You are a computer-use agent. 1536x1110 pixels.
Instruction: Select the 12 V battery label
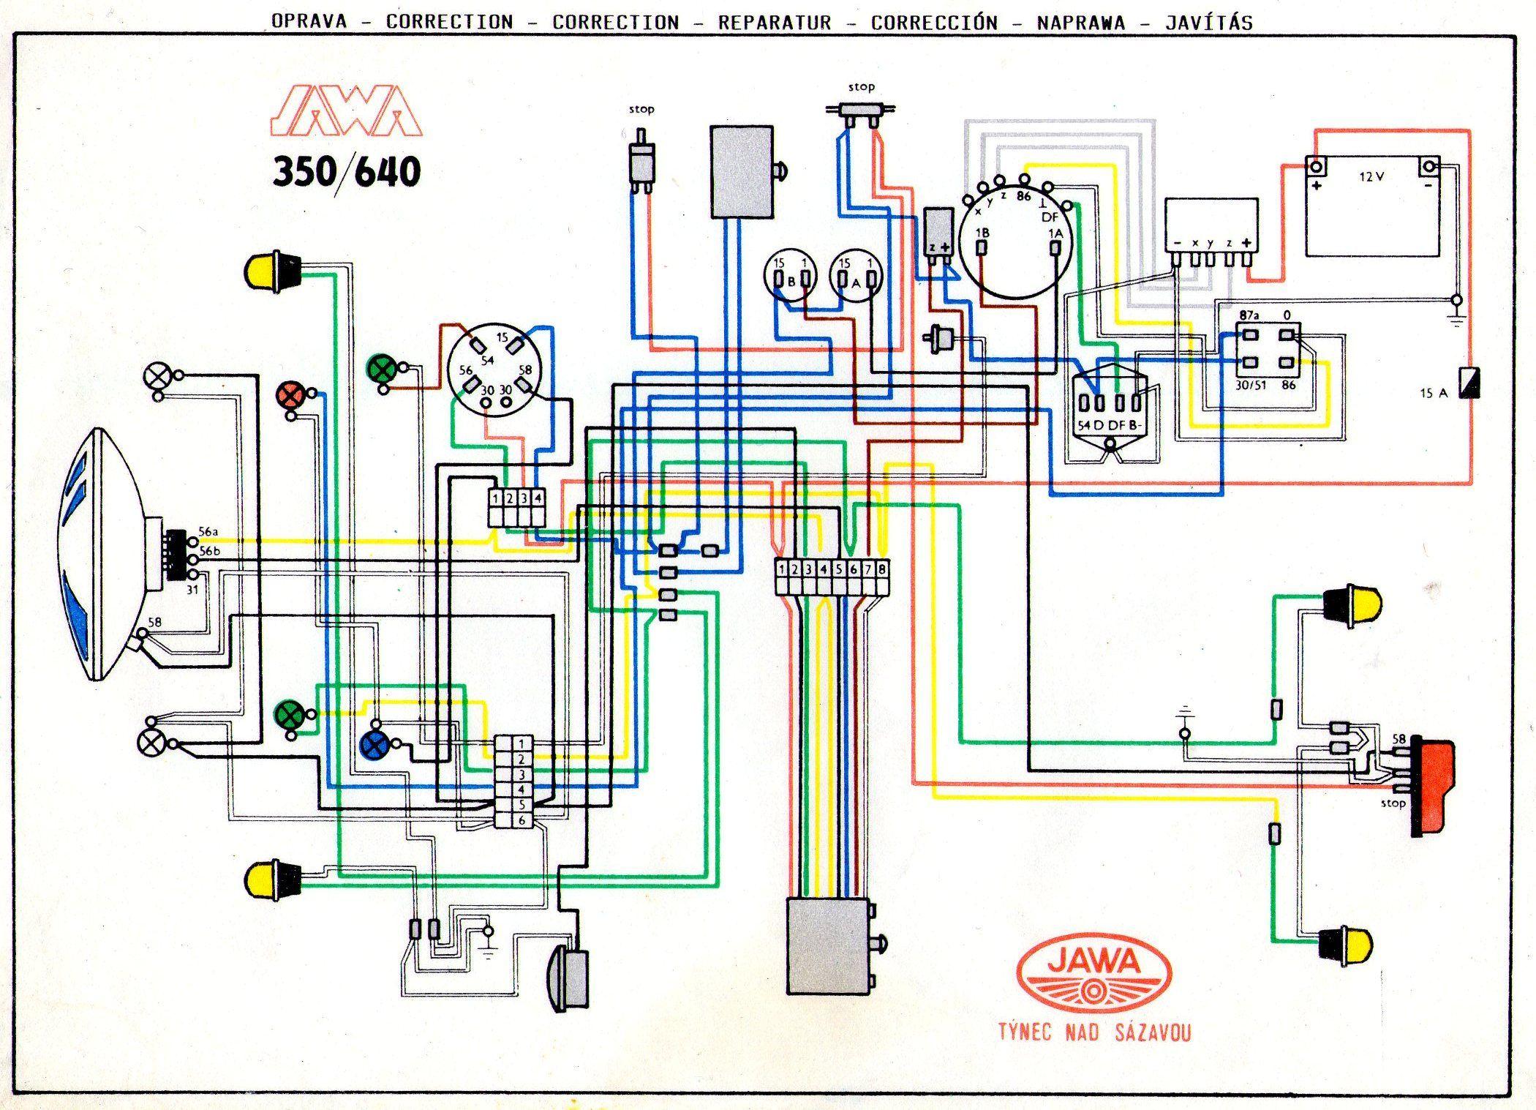coord(1371,176)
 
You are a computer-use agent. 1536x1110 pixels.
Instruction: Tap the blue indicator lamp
coord(374,746)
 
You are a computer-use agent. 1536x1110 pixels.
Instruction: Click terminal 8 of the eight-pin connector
coord(883,569)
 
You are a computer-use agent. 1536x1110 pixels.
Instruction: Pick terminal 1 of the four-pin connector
coord(496,498)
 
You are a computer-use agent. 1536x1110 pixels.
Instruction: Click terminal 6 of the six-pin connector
coord(522,821)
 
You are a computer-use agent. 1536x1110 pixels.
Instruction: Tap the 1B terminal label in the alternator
coord(983,233)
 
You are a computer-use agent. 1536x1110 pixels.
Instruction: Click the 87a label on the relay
coord(1249,315)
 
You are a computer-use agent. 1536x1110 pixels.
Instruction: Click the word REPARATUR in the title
coord(775,23)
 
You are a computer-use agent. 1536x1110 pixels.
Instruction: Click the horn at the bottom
coord(571,978)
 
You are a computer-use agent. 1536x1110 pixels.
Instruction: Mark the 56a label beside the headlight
coord(209,532)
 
